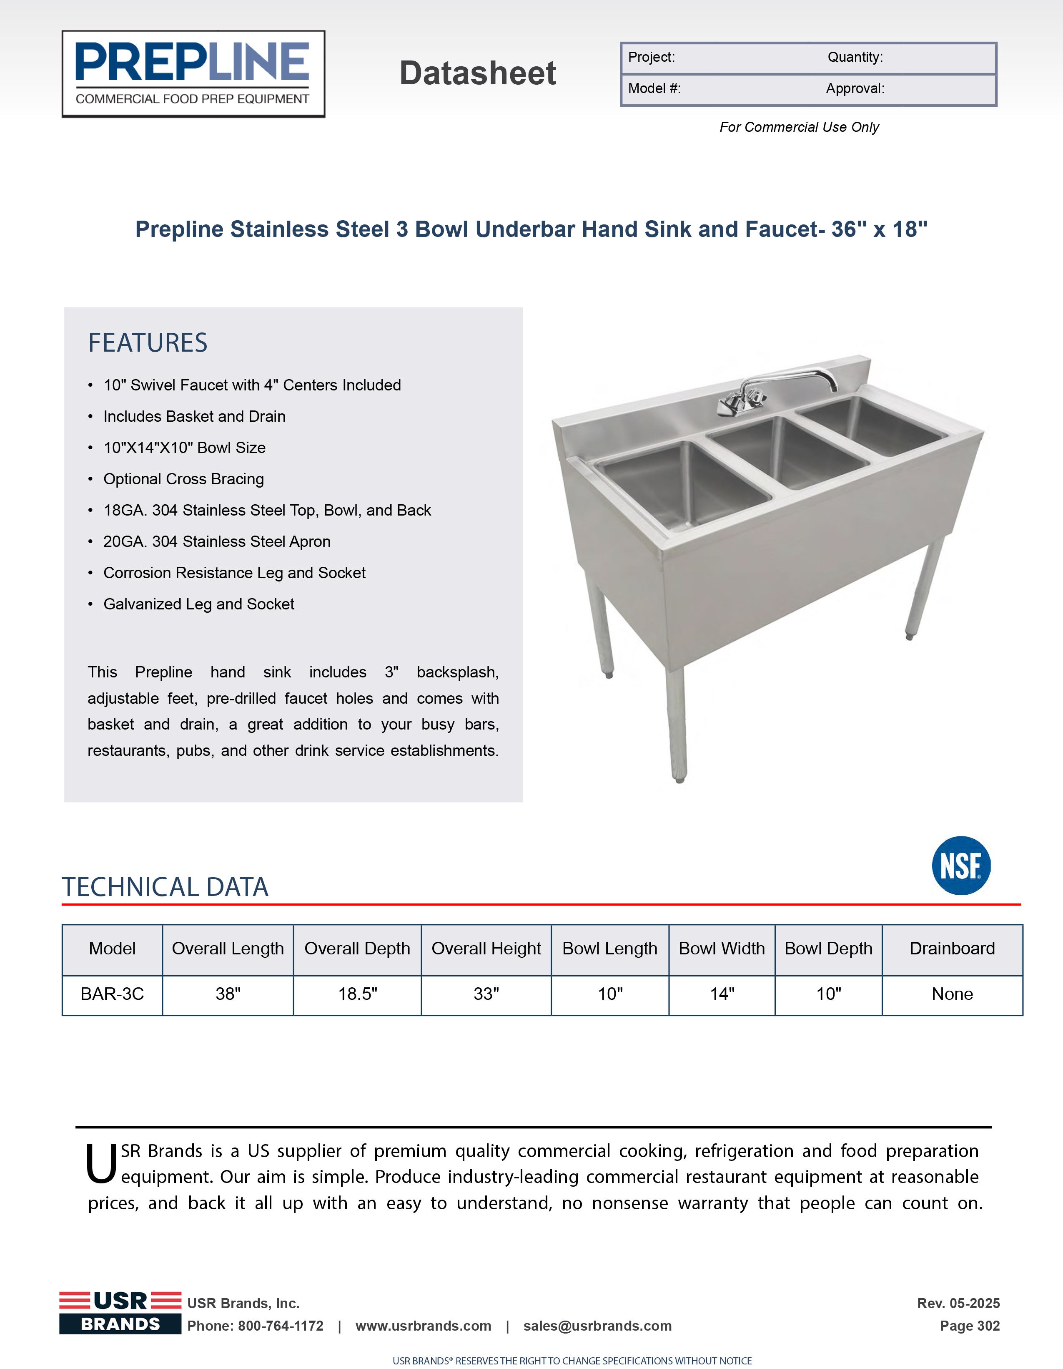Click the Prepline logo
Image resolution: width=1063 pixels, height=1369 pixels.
193,74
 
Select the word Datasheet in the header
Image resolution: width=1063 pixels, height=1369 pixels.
477,73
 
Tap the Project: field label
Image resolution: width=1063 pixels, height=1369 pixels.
652,57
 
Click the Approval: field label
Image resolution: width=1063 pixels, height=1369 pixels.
855,88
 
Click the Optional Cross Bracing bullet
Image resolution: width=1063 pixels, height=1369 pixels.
183,479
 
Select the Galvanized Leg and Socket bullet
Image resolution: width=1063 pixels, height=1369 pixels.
198,604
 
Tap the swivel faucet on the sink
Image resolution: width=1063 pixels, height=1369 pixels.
777,389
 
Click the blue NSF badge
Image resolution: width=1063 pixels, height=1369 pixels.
961,865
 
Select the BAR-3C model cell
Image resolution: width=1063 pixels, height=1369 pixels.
112,994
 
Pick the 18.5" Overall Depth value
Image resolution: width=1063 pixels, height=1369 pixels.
358,994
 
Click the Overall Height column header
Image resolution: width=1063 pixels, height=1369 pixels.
486,949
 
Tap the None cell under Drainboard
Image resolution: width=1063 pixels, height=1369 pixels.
952,994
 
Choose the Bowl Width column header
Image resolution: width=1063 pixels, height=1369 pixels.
722,949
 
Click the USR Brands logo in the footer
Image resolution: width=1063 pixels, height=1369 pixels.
120,1313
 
